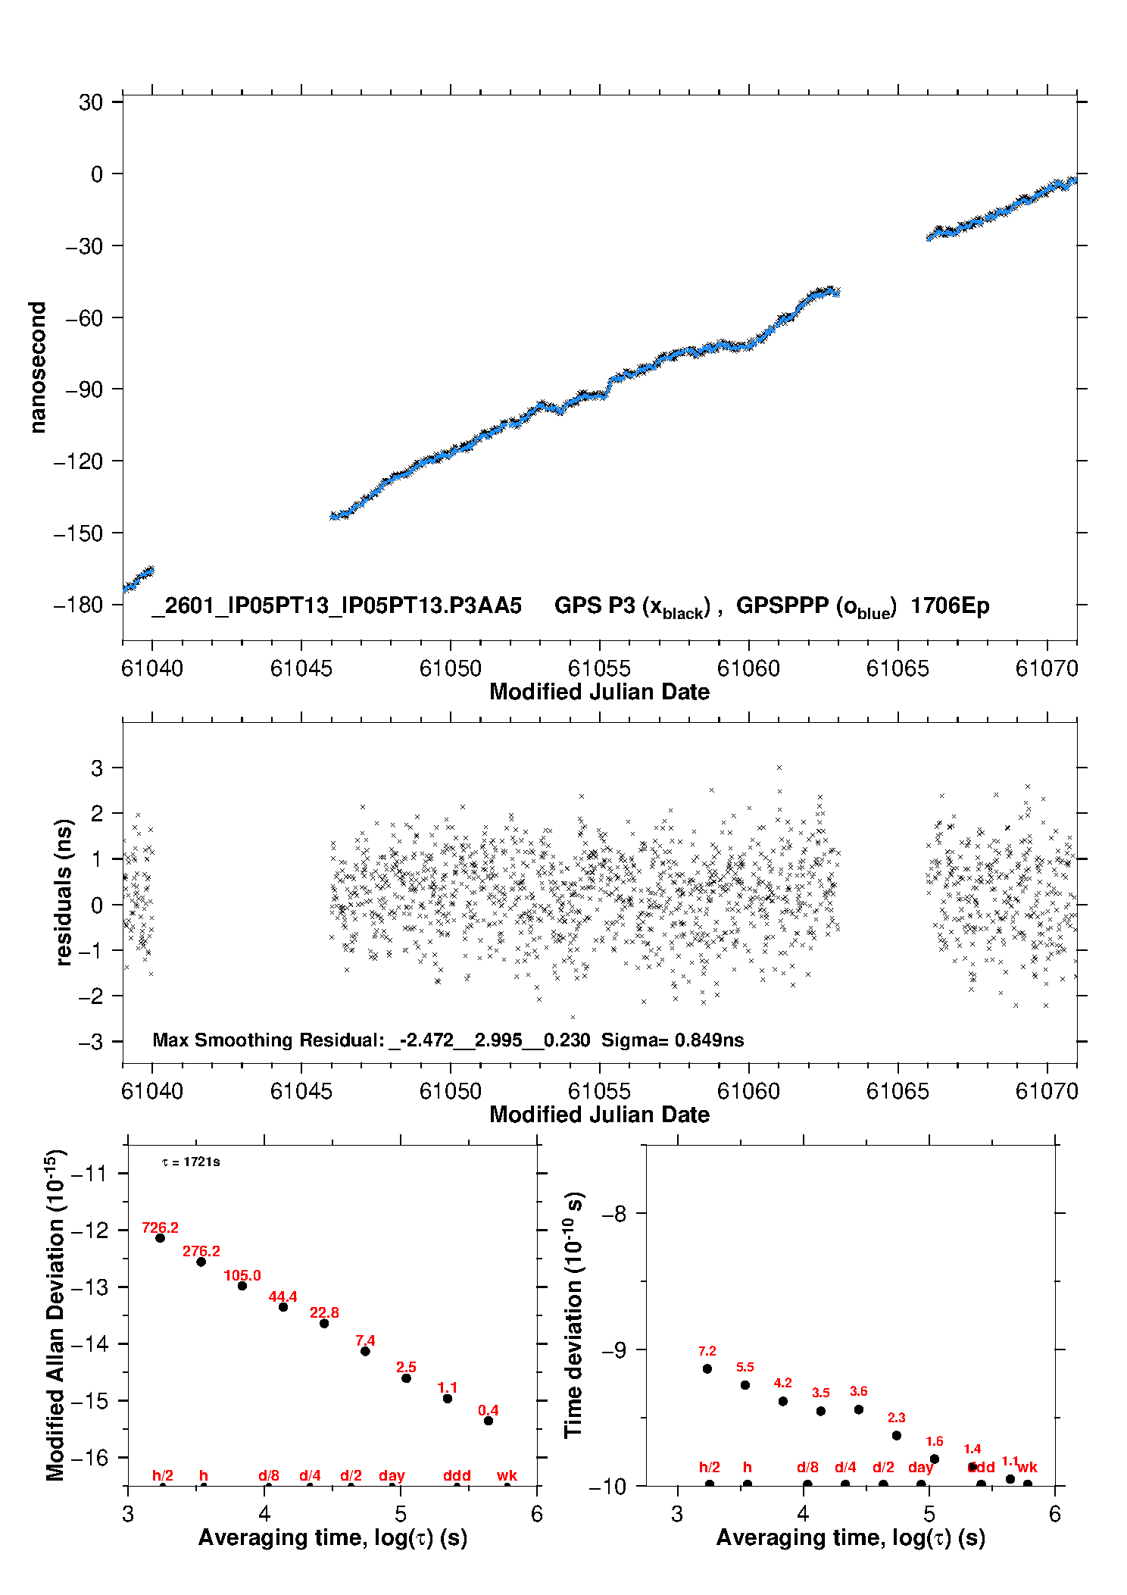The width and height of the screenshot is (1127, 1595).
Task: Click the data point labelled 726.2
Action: (160, 1238)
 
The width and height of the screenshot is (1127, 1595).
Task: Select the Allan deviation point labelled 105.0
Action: (242, 1286)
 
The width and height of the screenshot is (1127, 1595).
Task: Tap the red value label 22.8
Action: (324, 1312)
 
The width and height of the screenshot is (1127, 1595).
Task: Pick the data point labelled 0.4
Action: (489, 1421)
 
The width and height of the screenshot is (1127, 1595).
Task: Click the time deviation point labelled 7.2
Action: (707, 1368)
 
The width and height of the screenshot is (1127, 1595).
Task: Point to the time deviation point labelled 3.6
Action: (859, 1409)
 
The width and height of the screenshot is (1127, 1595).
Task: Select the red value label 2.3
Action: (896, 1418)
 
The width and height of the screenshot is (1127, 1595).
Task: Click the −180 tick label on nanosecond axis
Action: (78, 605)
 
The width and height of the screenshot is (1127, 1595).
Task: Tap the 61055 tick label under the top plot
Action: (599, 668)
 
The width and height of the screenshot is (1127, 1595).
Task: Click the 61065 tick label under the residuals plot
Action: (898, 1091)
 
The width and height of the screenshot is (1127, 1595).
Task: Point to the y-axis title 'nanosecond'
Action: (37, 367)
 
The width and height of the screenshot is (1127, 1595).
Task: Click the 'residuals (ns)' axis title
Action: (64, 892)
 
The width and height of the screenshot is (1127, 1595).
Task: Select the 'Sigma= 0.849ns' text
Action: (673, 1040)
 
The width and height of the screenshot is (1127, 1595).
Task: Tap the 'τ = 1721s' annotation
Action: (191, 1162)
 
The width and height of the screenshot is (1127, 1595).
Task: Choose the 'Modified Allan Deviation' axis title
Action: (55, 1315)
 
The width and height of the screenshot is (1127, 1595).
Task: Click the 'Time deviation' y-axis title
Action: (573, 1315)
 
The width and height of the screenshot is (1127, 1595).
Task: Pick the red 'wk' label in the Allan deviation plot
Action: (507, 1476)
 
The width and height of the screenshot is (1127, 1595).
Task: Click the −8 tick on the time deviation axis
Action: (613, 1214)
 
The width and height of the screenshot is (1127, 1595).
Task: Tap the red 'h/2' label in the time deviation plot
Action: (709, 1468)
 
